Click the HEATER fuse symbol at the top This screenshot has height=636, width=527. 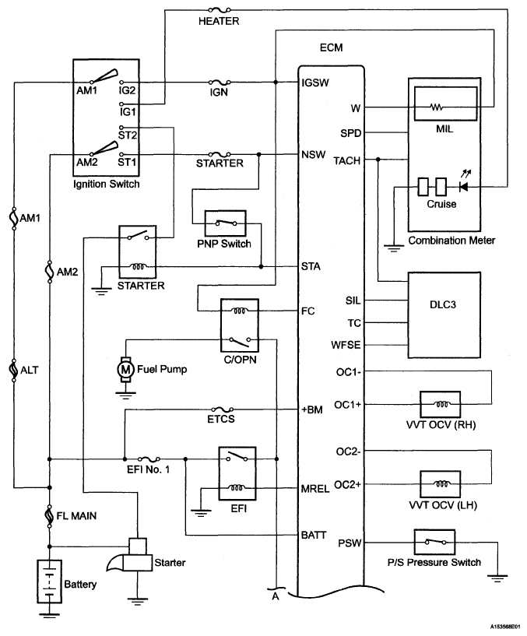(x=219, y=10)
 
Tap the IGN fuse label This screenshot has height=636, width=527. (x=219, y=93)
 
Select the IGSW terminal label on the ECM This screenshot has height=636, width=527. (x=315, y=83)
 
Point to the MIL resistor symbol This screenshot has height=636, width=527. (x=437, y=107)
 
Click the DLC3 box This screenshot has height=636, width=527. (x=444, y=314)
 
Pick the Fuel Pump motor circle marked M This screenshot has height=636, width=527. (x=126, y=370)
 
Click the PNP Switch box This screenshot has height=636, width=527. (x=225, y=223)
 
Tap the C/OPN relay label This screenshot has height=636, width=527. (x=241, y=360)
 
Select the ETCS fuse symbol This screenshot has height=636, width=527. (x=223, y=409)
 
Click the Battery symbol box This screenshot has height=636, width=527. (x=50, y=582)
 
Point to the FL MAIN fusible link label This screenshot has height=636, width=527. (x=77, y=516)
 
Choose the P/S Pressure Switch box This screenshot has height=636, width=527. (x=434, y=542)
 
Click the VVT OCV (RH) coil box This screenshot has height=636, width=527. (x=440, y=404)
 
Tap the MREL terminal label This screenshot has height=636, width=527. (x=314, y=489)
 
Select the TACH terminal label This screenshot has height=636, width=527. (x=347, y=161)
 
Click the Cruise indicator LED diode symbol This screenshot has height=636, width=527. (x=463, y=187)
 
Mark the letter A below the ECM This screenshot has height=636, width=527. (x=276, y=596)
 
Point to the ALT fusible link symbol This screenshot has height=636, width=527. (x=14, y=370)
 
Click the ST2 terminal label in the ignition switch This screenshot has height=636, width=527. (x=128, y=135)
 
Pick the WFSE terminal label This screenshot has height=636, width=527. (x=346, y=345)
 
